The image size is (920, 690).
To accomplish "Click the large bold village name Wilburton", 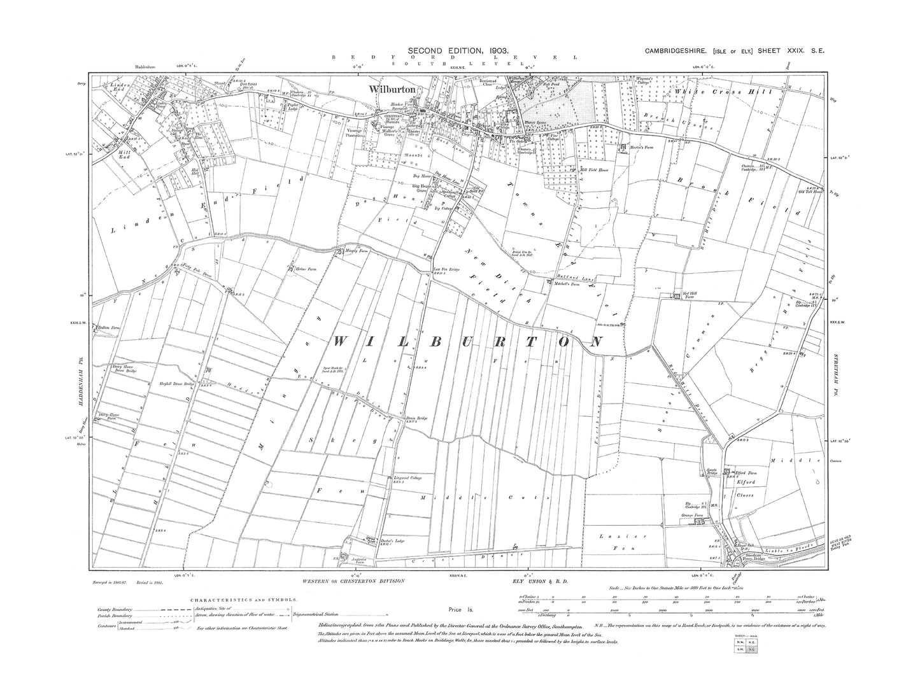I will (x=391, y=90).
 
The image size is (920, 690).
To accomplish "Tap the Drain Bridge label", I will (x=415, y=418).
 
